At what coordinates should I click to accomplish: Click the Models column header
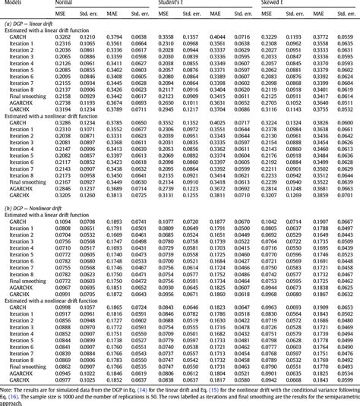pyautogui.click(x=14, y=4)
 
